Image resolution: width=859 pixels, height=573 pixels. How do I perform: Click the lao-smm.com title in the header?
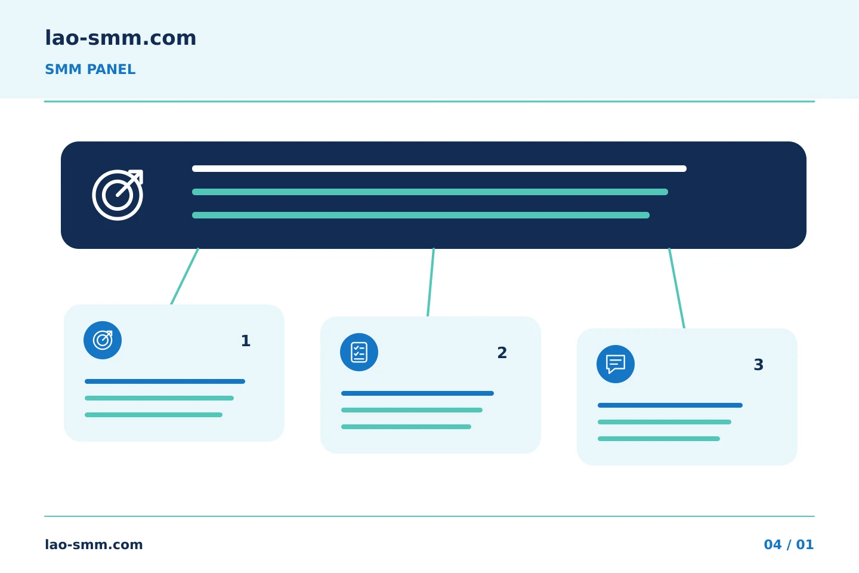pos(120,38)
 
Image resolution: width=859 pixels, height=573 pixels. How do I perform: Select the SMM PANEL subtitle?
pos(90,69)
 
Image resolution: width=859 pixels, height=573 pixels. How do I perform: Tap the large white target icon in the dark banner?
pos(118,195)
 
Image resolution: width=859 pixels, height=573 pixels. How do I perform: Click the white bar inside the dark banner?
pos(439,168)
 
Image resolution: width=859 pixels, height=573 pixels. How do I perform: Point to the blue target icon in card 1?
pos(103,340)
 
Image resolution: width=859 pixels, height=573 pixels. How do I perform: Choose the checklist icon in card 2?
pos(359,352)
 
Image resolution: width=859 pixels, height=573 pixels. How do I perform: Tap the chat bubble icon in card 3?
pos(616,364)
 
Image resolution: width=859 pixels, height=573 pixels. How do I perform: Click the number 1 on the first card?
pos(246,341)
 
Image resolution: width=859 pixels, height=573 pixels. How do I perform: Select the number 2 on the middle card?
pos(502,353)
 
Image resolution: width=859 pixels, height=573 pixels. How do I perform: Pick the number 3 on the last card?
pos(759,365)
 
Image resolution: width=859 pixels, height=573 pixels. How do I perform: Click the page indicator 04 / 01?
pos(789,544)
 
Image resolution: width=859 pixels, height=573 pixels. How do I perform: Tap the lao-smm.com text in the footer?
pos(94,544)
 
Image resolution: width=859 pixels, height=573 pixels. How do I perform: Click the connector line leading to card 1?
pos(185,276)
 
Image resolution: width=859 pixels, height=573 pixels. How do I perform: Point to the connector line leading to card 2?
pos(431,282)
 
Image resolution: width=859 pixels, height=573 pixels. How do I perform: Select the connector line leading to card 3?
pos(677,288)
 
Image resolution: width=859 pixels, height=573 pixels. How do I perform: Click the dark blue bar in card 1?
pos(165,381)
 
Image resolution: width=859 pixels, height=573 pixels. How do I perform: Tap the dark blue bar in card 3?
pos(670,405)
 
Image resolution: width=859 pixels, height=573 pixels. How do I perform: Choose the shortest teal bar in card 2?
pos(406,427)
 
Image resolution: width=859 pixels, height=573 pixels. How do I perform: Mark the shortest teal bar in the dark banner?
pos(421,215)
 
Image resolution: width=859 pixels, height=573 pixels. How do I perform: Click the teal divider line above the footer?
pos(429,516)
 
